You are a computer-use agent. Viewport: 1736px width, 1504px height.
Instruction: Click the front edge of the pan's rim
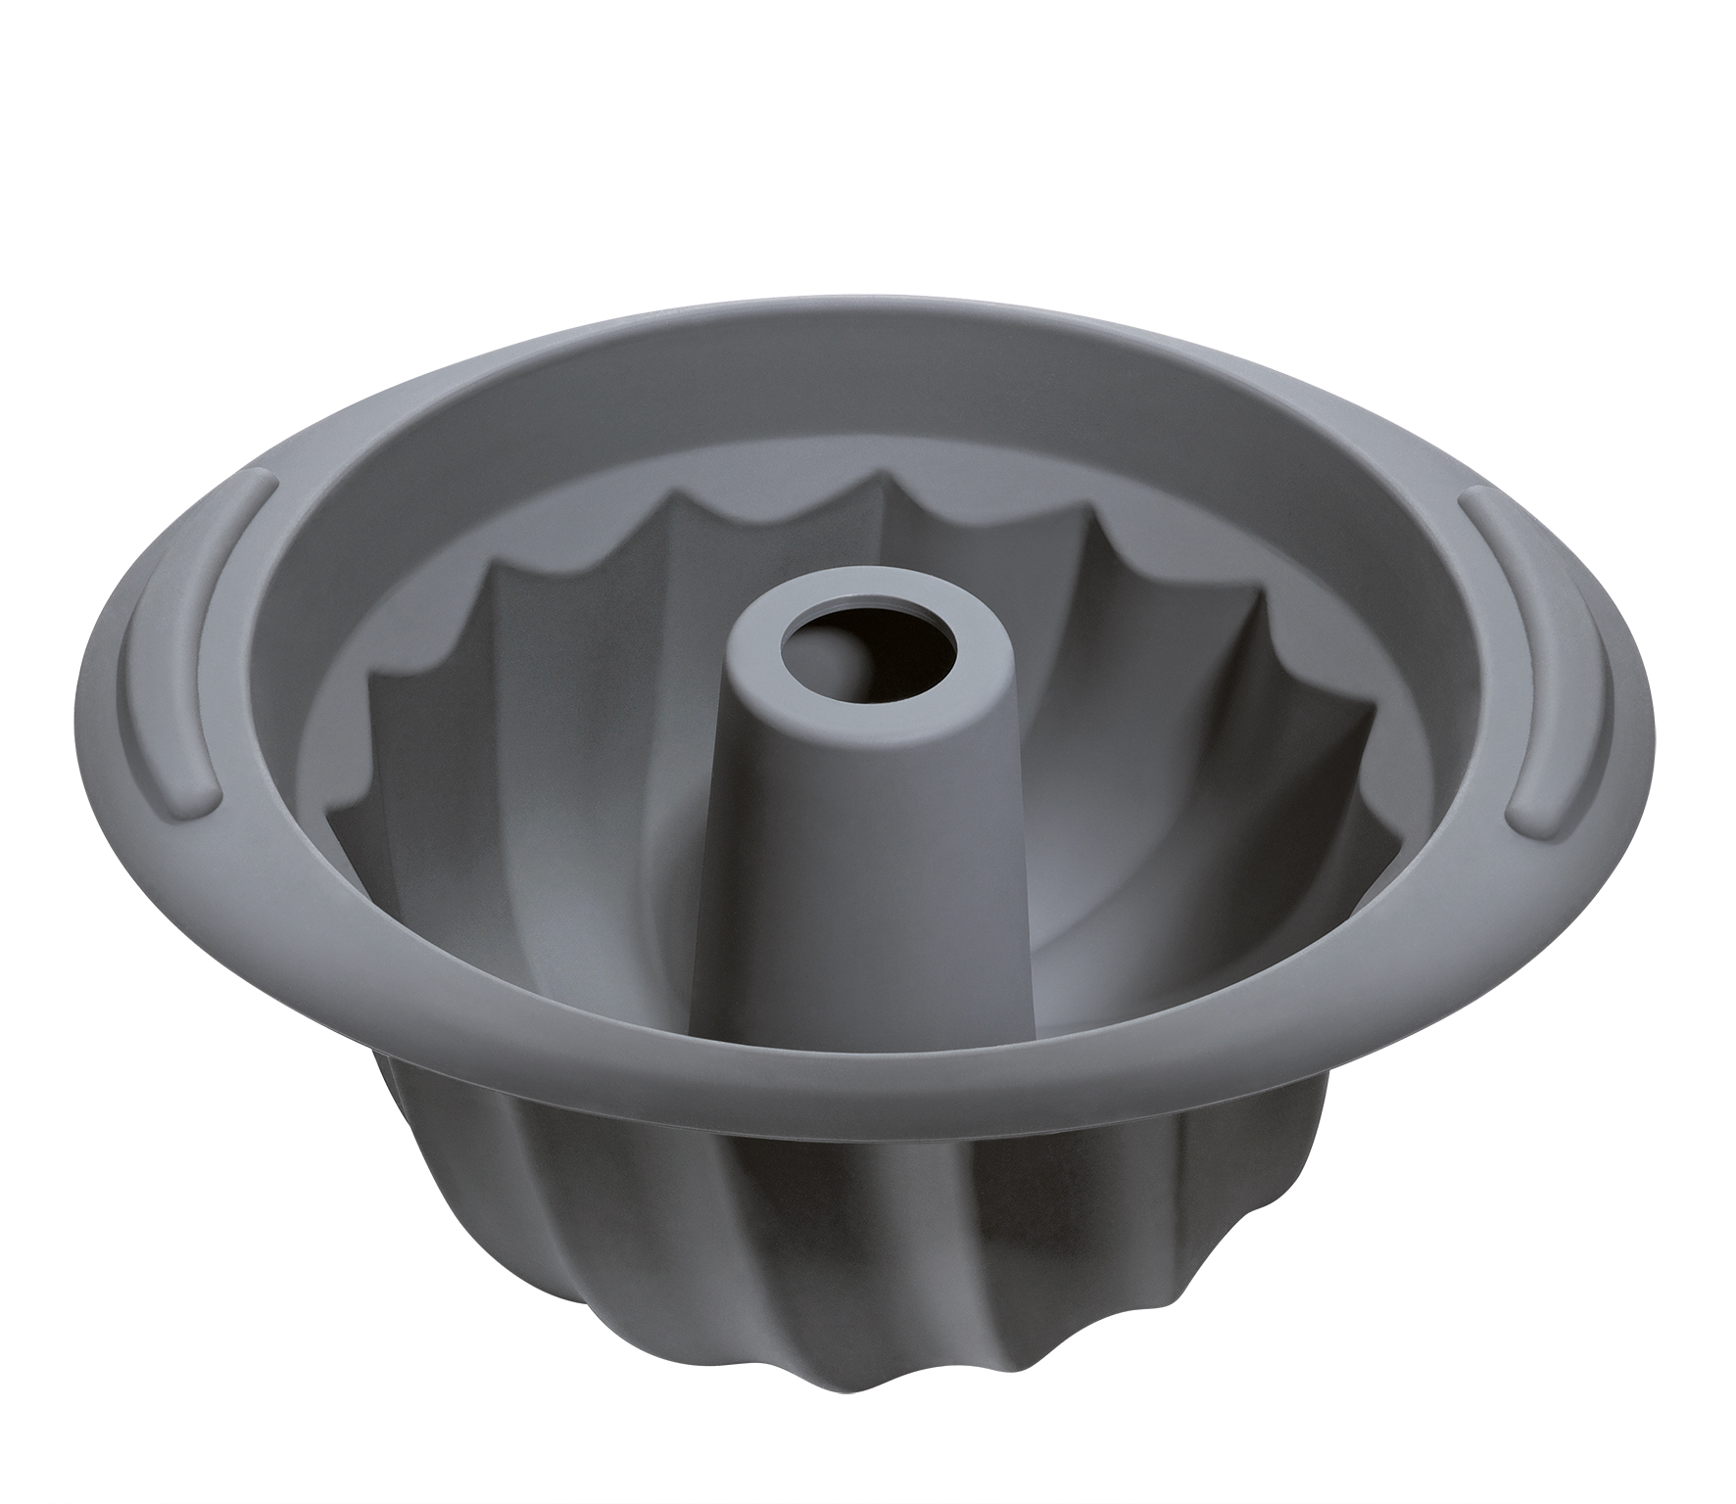coord(862,1116)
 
